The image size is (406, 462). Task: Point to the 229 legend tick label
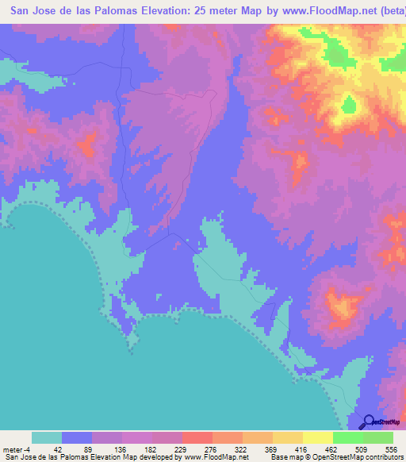182,449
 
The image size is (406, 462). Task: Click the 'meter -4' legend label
17,449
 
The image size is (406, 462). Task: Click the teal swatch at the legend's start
47,437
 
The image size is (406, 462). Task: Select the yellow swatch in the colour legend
318,437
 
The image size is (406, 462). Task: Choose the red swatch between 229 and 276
197,437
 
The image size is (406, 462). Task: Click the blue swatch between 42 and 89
77,437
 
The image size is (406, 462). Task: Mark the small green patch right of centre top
349,105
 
